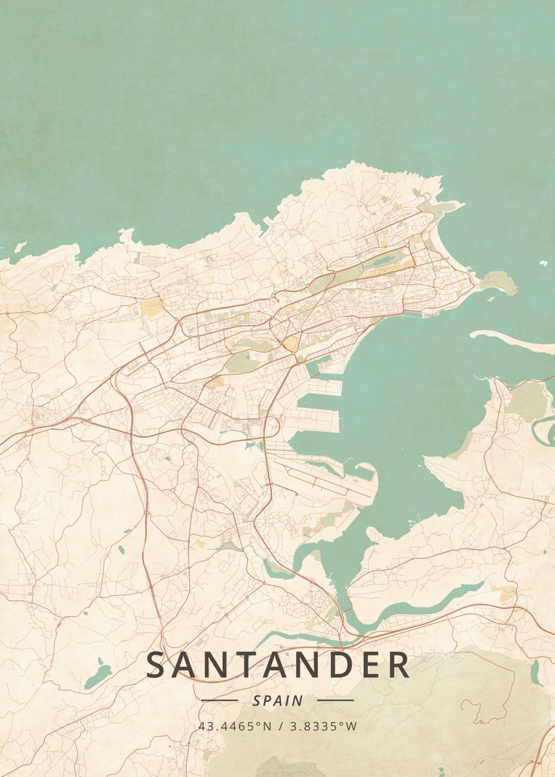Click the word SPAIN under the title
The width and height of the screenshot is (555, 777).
tap(277, 700)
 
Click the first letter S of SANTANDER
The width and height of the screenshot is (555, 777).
tap(157, 666)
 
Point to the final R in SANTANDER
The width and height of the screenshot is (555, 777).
tap(398, 666)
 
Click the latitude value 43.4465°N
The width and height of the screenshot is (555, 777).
tap(235, 726)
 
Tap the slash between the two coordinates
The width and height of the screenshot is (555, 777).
tap(280, 726)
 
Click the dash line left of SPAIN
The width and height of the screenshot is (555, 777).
tap(220, 700)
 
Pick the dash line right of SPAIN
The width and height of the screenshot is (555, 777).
tap(335, 700)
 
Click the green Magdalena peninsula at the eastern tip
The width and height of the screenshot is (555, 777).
tap(499, 281)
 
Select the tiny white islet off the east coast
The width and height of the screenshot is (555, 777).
tap(543, 264)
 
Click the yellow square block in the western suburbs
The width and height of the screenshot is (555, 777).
tap(152, 307)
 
